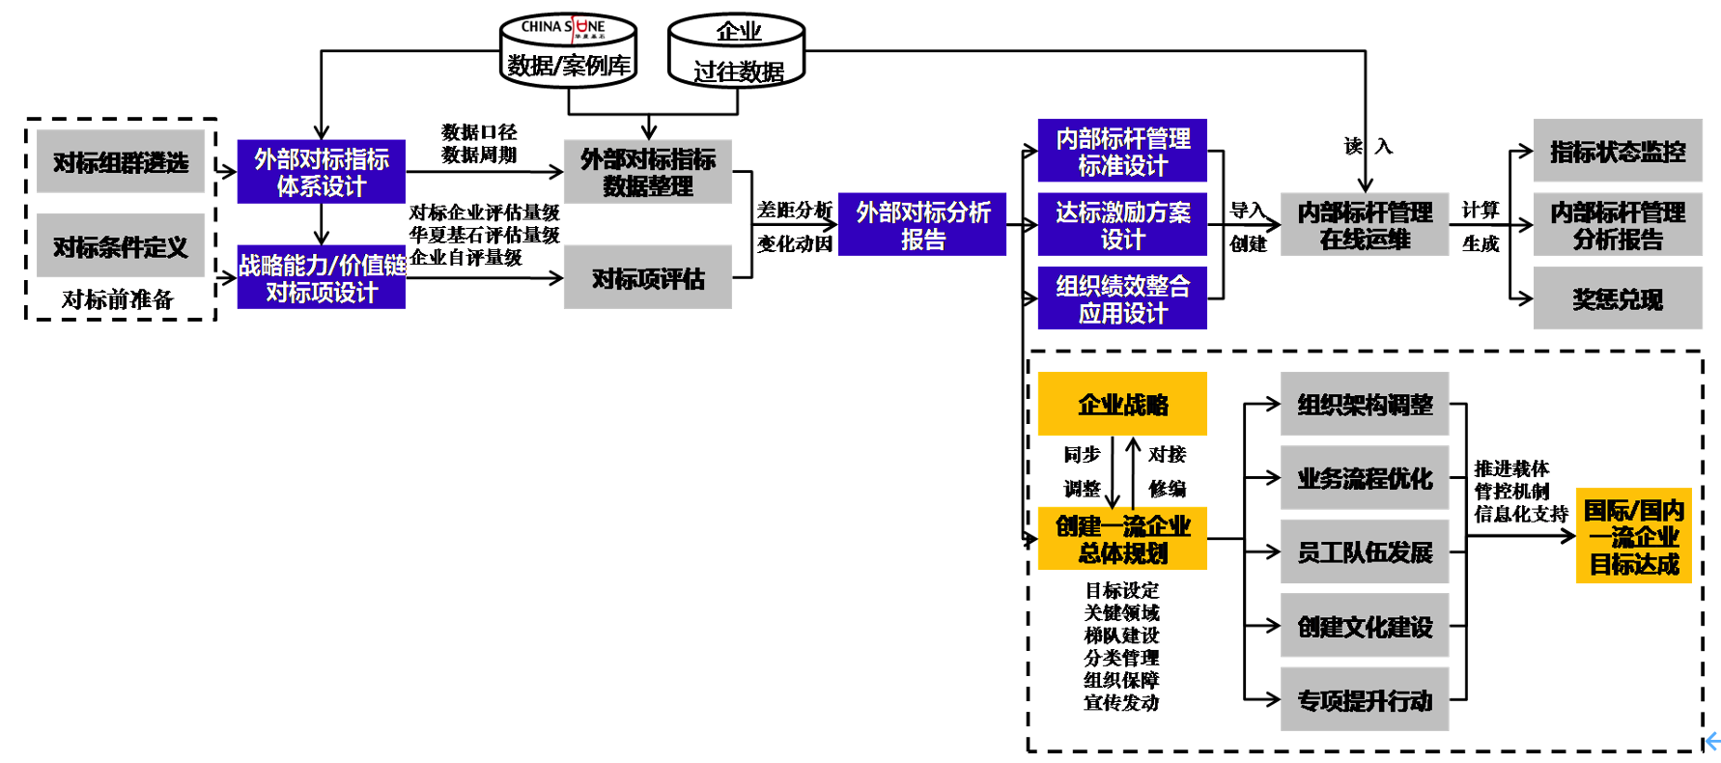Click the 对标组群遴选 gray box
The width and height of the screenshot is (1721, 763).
[121, 161]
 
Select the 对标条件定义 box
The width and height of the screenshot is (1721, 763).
[121, 246]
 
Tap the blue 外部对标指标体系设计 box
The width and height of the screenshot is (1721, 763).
[321, 172]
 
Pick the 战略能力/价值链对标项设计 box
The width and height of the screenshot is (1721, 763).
[321, 277]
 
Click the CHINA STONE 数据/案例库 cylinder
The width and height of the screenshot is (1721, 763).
[568, 51]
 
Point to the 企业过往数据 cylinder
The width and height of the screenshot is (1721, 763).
[737, 51]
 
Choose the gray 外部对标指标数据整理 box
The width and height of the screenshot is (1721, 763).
[647, 172]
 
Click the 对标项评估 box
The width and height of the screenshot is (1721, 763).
[647, 278]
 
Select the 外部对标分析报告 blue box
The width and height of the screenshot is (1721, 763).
[922, 225]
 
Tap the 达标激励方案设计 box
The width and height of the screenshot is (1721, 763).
[1122, 225]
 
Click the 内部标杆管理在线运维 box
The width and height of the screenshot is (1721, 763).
[1365, 225]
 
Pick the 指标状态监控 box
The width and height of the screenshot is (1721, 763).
[1617, 152]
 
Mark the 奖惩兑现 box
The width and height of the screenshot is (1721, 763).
[1617, 299]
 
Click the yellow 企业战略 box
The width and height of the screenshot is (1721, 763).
[1122, 404]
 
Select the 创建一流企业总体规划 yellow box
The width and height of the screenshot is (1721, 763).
[1122, 539]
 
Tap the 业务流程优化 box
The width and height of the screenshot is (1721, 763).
[1365, 478]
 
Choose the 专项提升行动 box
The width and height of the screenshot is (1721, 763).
[1365, 700]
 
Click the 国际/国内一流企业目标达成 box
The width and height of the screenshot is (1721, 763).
[1633, 536]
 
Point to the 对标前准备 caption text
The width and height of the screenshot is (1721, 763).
[117, 299]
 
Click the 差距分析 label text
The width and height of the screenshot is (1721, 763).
[794, 210]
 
